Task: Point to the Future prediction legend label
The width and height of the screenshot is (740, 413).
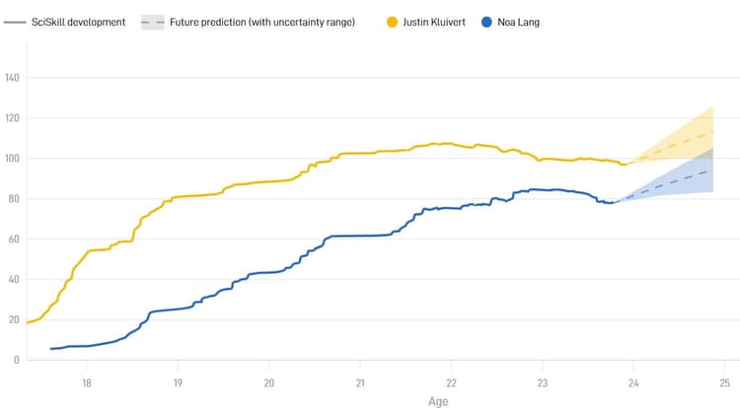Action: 262,21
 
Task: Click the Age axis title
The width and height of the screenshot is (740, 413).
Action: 439,402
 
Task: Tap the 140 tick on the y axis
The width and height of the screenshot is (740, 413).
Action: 13,78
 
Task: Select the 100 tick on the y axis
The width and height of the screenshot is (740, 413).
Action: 13,159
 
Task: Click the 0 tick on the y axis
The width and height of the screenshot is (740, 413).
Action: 17,360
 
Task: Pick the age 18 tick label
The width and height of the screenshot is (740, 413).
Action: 87,382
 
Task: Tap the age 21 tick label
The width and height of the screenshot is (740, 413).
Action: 360,382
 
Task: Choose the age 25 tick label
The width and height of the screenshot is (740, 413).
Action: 724,382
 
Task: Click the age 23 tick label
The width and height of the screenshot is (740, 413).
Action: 542,382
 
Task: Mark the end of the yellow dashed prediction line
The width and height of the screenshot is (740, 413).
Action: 712,131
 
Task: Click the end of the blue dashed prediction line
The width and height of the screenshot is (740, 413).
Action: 712,170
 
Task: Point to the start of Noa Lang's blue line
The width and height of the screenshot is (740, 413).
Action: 51,349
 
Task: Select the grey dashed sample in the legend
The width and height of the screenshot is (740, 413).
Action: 152,21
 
